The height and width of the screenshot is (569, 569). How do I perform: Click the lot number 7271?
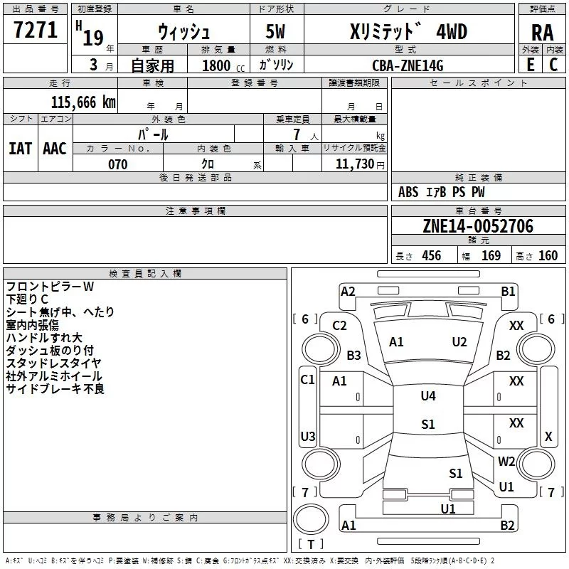click(x=35, y=31)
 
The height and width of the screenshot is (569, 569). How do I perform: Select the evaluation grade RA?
click(x=542, y=33)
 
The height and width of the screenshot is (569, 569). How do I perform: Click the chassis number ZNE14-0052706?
click(x=478, y=226)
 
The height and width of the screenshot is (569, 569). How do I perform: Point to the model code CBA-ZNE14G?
click(x=407, y=65)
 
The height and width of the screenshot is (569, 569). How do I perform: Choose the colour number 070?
click(x=117, y=164)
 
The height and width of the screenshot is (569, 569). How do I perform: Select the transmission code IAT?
click(x=20, y=148)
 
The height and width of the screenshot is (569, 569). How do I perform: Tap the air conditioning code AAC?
click(x=55, y=148)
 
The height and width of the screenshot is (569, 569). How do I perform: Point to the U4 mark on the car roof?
click(x=427, y=396)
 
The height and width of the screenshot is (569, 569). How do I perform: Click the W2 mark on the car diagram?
click(x=506, y=461)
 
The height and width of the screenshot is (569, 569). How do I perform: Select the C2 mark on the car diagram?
click(x=339, y=326)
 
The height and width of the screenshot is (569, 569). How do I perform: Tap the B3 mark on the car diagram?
click(x=353, y=356)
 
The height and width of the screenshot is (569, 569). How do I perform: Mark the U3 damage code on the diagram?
click(x=307, y=436)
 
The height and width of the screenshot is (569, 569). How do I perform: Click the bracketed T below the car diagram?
click(x=310, y=545)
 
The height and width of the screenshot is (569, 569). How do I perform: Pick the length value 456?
click(x=431, y=256)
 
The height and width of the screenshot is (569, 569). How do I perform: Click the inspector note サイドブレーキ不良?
click(x=55, y=388)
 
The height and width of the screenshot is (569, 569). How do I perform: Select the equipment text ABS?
click(x=408, y=192)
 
